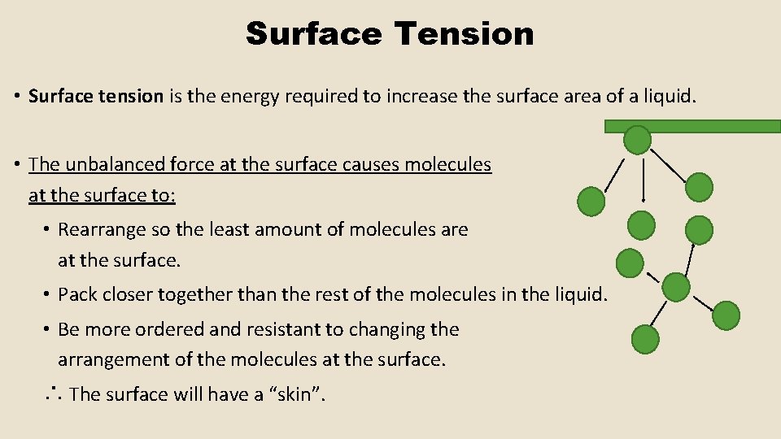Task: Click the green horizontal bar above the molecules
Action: [x=692, y=126]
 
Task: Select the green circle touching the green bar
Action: [x=637, y=140]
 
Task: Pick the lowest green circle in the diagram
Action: [x=645, y=338]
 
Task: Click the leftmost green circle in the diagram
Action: [x=591, y=199]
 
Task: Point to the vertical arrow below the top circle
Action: [x=644, y=180]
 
